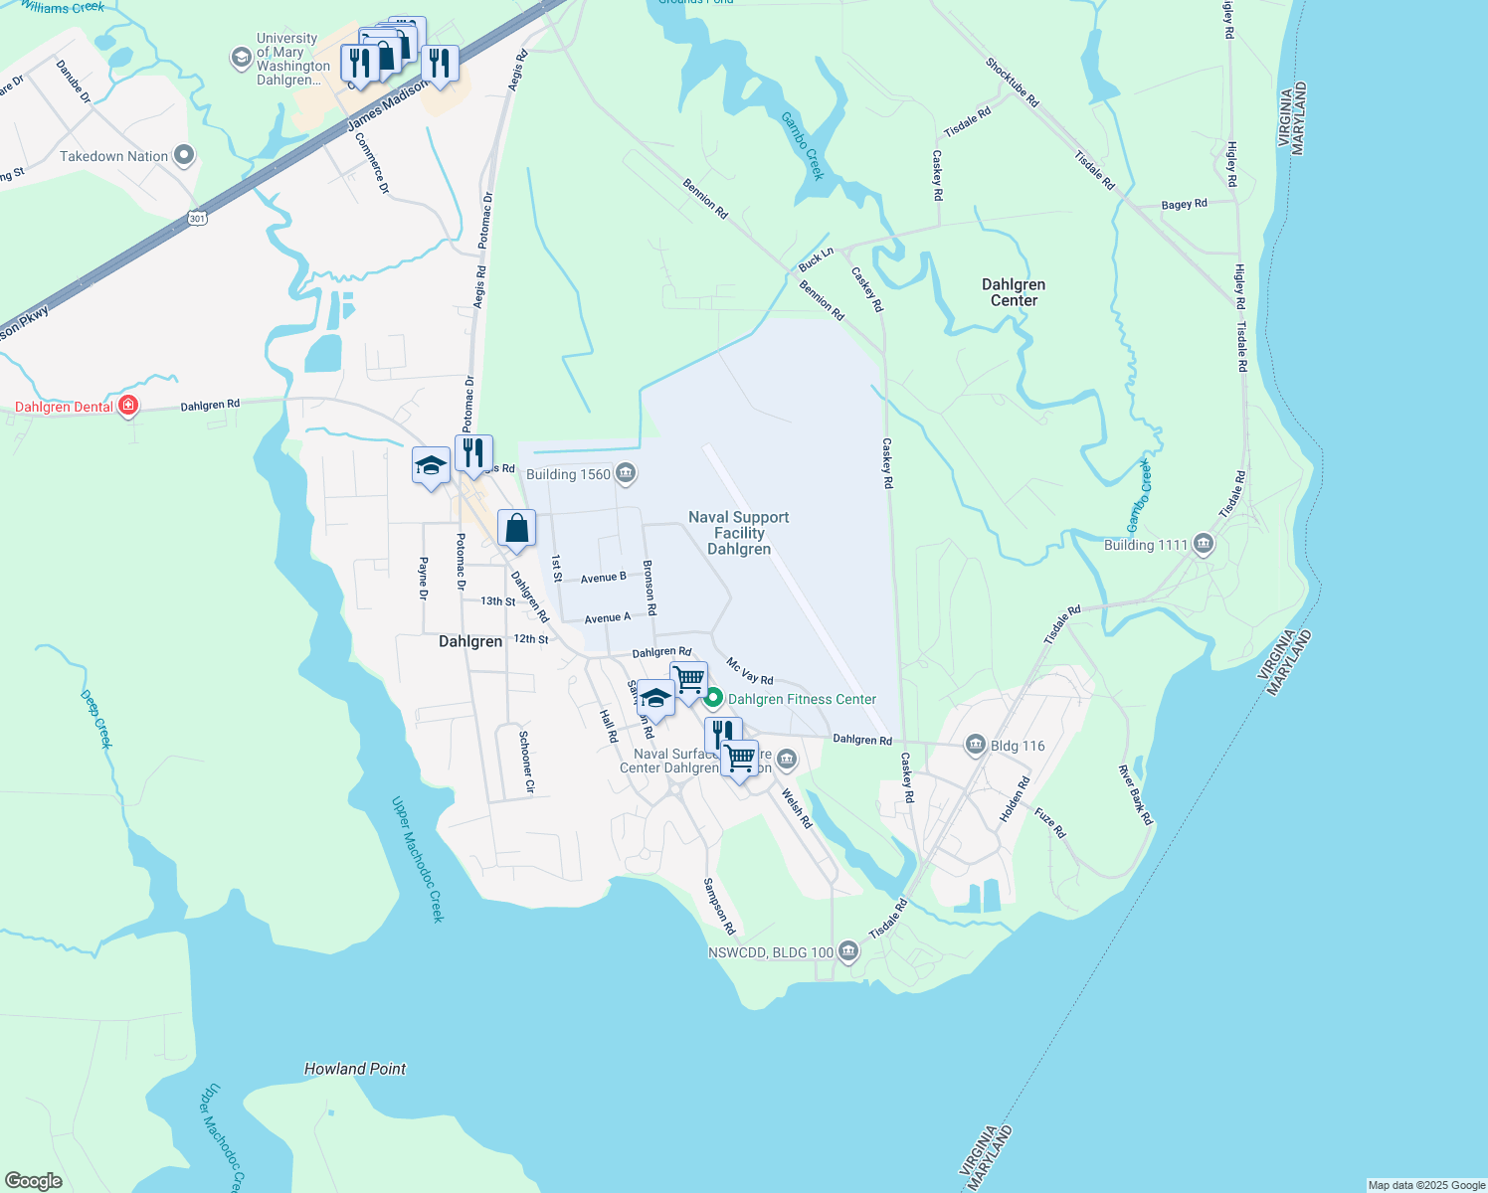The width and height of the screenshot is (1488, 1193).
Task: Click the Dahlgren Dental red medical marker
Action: click(127, 406)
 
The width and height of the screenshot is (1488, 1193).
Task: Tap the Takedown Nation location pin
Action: click(183, 155)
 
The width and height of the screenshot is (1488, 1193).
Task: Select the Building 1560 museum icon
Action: click(626, 473)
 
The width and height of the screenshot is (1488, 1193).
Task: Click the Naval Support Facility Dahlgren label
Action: click(739, 533)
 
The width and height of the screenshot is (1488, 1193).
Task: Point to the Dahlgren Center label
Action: click(1014, 292)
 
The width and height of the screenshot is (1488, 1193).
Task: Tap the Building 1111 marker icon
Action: click(1204, 544)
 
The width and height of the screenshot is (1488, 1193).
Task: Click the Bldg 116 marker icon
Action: click(976, 745)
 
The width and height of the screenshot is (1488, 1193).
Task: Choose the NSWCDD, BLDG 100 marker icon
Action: click(847, 951)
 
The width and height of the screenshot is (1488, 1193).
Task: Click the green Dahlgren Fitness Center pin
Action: click(713, 699)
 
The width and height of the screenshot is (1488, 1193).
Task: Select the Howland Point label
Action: click(355, 1069)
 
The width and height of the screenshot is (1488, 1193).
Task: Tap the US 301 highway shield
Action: click(197, 217)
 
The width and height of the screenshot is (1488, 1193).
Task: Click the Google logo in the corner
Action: click(33, 1181)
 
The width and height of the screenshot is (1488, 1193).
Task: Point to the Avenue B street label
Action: click(603, 578)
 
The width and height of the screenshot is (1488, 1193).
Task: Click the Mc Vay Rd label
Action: click(749, 671)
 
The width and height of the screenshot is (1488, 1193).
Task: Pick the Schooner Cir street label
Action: click(527, 762)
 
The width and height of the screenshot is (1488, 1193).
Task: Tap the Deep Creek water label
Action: click(96, 718)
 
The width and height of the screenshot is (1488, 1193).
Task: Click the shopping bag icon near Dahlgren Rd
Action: click(516, 529)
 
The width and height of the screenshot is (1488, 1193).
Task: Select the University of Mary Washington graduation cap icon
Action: click(241, 58)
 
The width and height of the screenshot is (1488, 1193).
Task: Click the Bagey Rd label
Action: click(1184, 204)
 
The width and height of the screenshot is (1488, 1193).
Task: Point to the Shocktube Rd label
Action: click(1012, 83)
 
